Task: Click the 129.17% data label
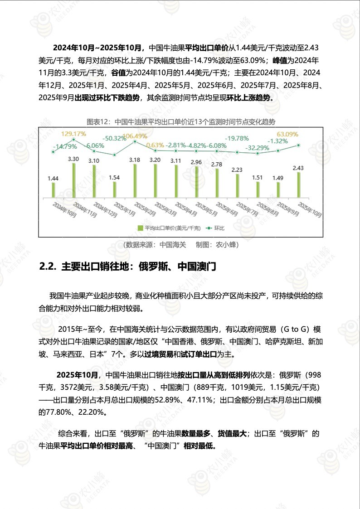click(73, 134)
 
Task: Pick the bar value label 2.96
click(196, 162)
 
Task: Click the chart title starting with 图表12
click(181, 122)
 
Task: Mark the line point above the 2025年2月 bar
click(135, 141)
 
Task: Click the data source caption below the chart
click(180, 245)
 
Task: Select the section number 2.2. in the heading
click(47, 267)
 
